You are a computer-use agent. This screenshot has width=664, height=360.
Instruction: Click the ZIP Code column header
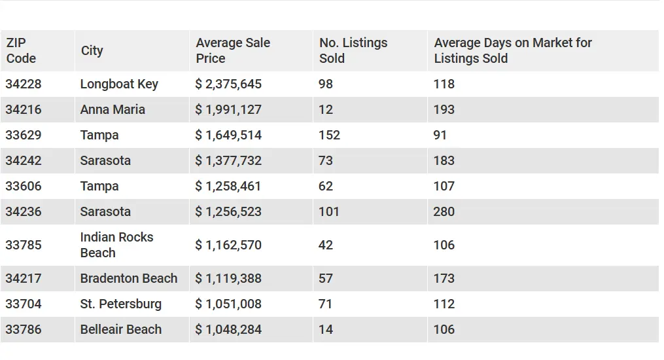click(21, 50)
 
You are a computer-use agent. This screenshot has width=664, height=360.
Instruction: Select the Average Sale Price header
click(233, 50)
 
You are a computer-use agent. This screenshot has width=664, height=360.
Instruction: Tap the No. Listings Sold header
click(353, 50)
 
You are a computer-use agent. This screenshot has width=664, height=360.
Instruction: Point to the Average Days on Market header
click(513, 50)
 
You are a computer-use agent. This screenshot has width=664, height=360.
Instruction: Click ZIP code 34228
click(24, 84)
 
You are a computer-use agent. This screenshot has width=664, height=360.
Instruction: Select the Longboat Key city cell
click(119, 84)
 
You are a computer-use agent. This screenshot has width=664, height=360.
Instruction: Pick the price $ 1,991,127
click(228, 110)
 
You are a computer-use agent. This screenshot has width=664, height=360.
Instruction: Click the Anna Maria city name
click(113, 109)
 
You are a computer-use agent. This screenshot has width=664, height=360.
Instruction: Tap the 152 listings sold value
click(330, 135)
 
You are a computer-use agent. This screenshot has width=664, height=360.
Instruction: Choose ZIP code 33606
click(24, 186)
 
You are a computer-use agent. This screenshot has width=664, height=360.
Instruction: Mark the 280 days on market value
click(444, 211)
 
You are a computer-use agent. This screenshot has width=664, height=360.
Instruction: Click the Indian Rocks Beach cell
click(116, 245)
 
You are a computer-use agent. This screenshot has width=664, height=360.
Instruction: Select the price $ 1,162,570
click(228, 245)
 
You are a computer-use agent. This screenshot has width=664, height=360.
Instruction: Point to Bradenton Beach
click(129, 278)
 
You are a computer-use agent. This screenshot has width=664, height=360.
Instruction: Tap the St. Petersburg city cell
click(120, 304)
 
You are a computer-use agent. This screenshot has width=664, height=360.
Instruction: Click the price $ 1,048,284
click(228, 329)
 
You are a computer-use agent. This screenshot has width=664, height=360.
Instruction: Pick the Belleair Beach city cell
click(120, 329)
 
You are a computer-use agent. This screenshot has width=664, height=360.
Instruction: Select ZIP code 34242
click(24, 160)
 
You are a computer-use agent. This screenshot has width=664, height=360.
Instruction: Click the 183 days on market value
click(444, 160)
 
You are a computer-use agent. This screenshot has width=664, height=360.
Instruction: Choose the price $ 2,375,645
click(228, 84)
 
